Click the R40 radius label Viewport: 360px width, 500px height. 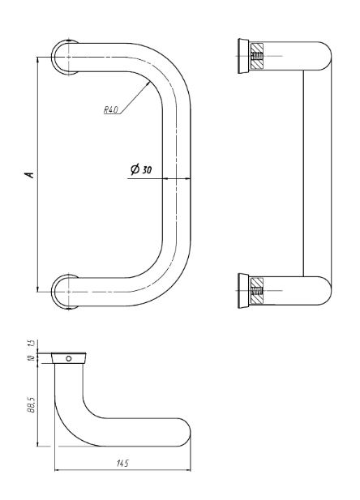point(111,110)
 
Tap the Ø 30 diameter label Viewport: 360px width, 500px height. point(141,169)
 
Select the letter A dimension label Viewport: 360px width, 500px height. point(30,174)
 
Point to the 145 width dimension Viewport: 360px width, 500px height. point(122,463)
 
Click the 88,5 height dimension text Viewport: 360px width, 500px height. point(32,404)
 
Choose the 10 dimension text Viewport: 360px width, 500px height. point(32,358)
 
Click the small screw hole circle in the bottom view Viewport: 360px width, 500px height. point(69,358)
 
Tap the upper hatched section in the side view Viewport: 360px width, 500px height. point(256,56)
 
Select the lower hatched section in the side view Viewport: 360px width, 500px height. point(256,291)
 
